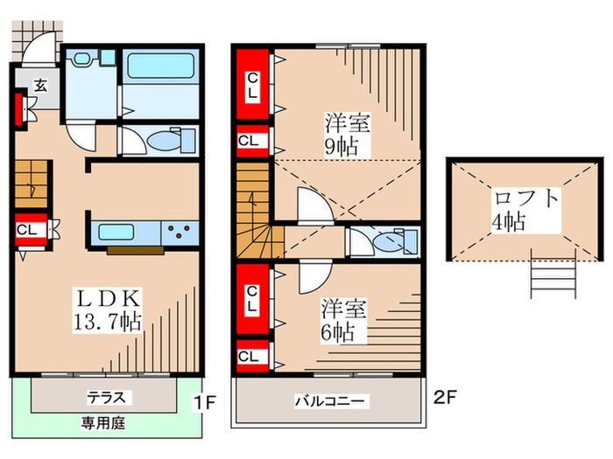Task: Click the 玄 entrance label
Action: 41,85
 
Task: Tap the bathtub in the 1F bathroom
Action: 160,67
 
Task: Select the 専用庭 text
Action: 102,421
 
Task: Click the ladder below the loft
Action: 553,278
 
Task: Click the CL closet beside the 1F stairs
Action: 26,231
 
